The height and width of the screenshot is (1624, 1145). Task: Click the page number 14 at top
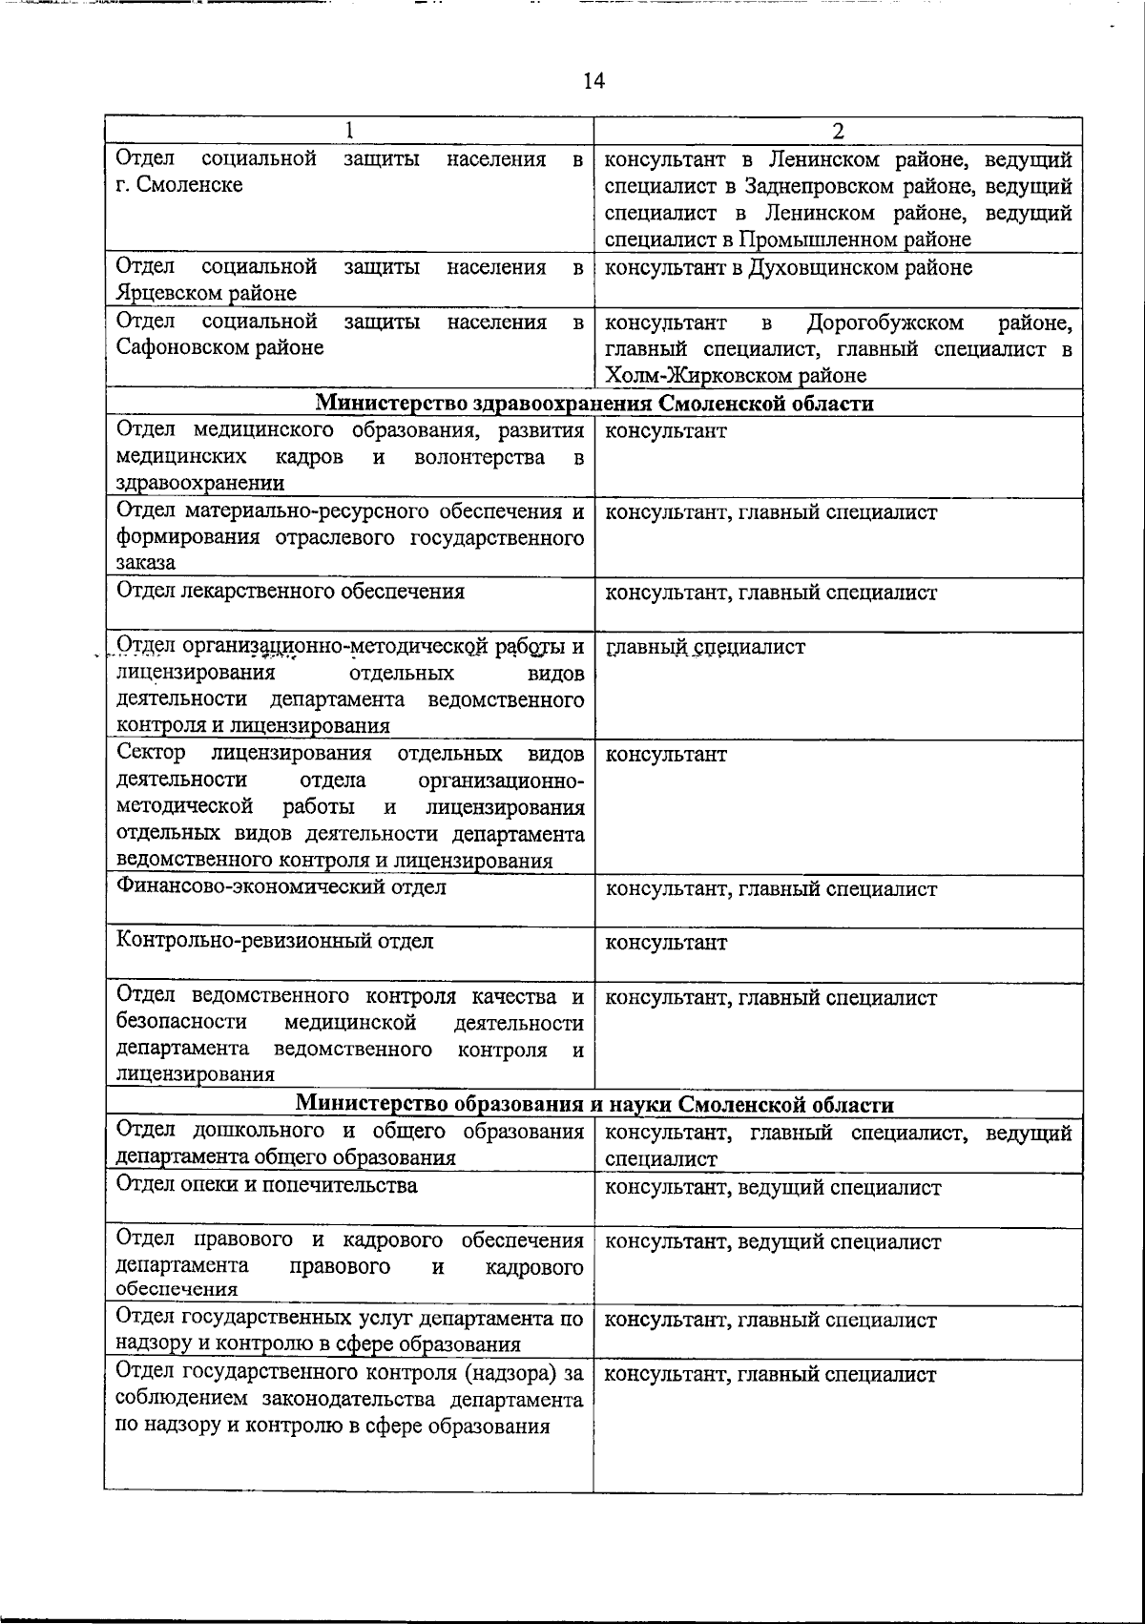click(x=593, y=81)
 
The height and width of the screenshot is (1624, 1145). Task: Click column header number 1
click(x=349, y=131)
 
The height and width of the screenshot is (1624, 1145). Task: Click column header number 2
click(x=838, y=131)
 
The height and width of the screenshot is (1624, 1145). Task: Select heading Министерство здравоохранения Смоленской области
click(x=593, y=404)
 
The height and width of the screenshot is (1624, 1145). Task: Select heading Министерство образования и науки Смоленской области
click(x=593, y=1105)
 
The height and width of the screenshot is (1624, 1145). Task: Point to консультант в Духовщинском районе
click(x=789, y=268)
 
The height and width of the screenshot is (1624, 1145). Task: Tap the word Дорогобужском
click(x=885, y=323)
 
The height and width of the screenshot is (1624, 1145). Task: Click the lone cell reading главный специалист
click(x=705, y=647)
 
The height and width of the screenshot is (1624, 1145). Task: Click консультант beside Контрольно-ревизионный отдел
click(x=666, y=943)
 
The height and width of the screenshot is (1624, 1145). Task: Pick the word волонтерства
click(x=479, y=457)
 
